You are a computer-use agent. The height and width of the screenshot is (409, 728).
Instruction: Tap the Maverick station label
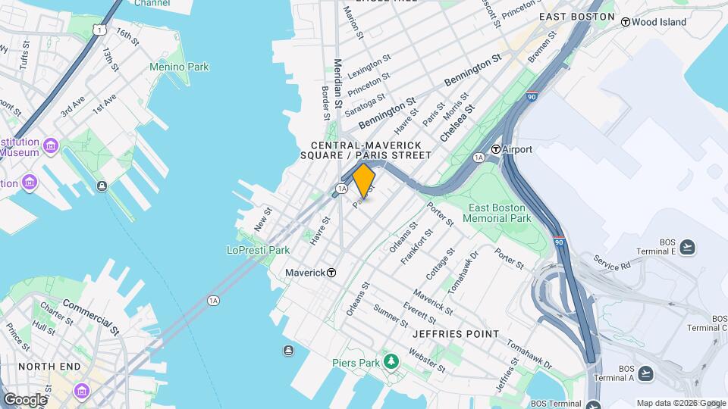pyautogui.click(x=305, y=273)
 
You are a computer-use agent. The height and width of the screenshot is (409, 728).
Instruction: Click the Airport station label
pyautogui.click(x=517, y=149)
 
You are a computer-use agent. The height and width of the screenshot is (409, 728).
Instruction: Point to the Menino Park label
pyautogui.click(x=179, y=67)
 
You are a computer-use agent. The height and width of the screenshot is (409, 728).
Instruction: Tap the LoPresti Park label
pyautogui.click(x=259, y=250)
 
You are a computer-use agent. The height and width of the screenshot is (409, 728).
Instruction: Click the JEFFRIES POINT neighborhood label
pyautogui.click(x=456, y=334)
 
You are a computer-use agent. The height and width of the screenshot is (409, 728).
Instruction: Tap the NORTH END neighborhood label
pyautogui.click(x=49, y=367)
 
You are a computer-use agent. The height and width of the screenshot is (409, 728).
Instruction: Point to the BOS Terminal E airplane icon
pyautogui.click(x=687, y=246)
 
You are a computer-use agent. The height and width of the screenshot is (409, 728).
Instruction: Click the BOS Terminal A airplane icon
pyautogui.click(x=645, y=373)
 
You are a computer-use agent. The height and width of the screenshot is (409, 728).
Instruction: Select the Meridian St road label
pyautogui.click(x=338, y=83)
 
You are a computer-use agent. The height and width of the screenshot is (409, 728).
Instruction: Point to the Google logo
pyautogui.click(x=24, y=399)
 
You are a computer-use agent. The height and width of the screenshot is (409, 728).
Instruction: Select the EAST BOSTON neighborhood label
pyautogui.click(x=576, y=16)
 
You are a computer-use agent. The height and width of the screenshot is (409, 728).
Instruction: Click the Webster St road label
pyautogui.click(x=426, y=360)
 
